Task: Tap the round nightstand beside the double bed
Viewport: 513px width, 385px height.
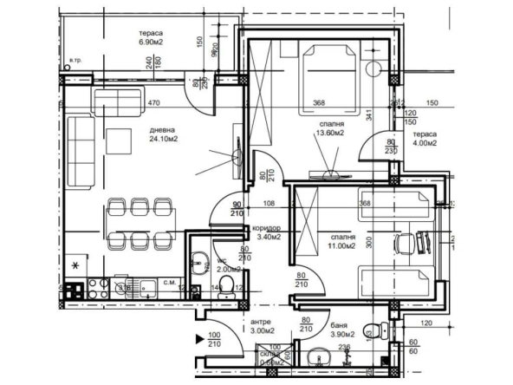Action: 374,69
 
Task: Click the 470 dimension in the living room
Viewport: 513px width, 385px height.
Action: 154,103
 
